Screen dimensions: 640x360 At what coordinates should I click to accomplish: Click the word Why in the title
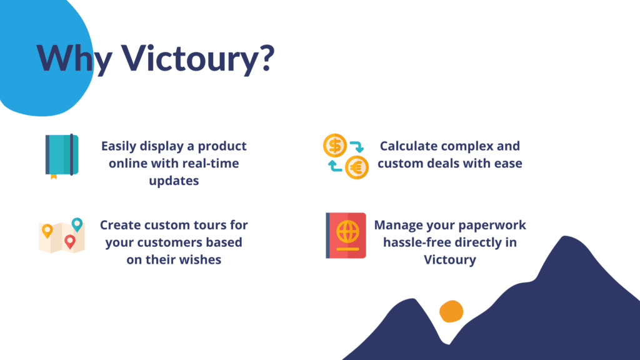click(74, 59)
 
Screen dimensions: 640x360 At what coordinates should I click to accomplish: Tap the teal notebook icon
click(62, 155)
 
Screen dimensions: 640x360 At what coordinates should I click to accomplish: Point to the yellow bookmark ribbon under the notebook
click(54, 177)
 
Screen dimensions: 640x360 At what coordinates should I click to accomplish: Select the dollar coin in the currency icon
click(335, 146)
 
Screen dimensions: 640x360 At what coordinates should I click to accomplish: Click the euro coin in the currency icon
click(357, 167)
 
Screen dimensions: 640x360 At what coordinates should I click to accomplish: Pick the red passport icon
click(346, 236)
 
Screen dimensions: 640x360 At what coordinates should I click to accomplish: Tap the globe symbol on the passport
click(347, 232)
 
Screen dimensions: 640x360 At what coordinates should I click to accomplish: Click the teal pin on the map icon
click(77, 224)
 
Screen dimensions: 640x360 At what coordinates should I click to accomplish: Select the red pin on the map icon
click(70, 242)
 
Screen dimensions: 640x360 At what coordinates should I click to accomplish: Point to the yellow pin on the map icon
click(47, 231)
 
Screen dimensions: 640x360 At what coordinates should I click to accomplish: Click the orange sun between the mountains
click(451, 311)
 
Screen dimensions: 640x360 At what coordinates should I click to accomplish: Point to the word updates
click(174, 181)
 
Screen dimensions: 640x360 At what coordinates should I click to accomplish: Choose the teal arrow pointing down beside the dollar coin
click(357, 146)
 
